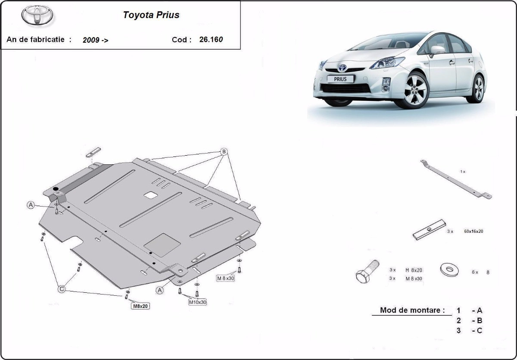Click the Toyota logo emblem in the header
click(37, 15)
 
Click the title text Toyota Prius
click(151, 15)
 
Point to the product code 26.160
click(211, 40)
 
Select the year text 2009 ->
click(95, 40)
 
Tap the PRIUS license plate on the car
click(340, 79)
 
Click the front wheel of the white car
click(415, 90)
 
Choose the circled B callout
click(224, 152)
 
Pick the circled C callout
click(62, 289)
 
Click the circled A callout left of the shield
click(31, 205)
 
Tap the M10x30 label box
click(198, 302)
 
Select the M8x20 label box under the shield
click(140, 306)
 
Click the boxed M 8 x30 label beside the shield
click(225, 278)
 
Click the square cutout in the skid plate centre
click(151, 196)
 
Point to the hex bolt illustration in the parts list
click(367, 272)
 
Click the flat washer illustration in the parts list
click(449, 270)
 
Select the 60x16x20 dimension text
click(473, 231)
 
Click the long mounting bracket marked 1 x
click(456, 179)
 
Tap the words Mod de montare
click(412, 310)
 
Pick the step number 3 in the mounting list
click(458, 330)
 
